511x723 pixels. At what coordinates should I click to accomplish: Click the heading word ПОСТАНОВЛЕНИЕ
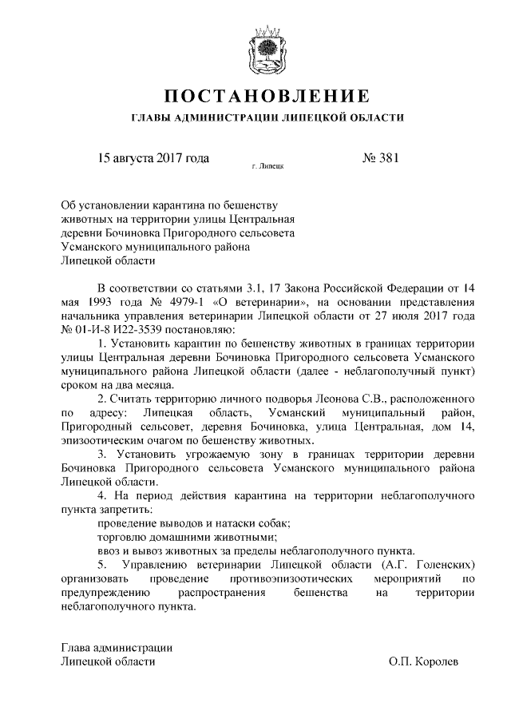coord(266,97)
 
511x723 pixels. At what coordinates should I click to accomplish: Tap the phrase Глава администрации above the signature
coord(117,647)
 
